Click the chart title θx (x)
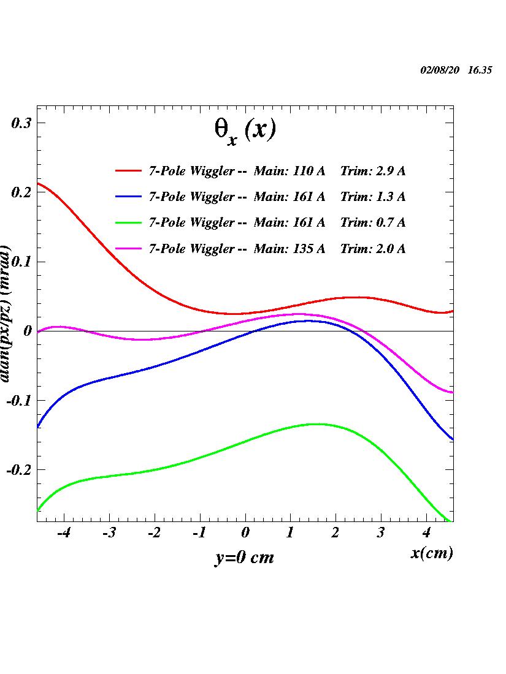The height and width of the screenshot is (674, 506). pyautogui.click(x=244, y=131)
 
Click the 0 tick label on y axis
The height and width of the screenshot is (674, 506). pyautogui.click(x=26, y=331)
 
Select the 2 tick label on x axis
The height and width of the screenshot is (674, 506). pyautogui.click(x=335, y=533)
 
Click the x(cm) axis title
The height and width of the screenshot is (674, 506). pyautogui.click(x=432, y=553)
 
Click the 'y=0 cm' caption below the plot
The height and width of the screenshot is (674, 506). pyautogui.click(x=244, y=558)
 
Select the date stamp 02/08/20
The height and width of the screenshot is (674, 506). pyautogui.click(x=440, y=70)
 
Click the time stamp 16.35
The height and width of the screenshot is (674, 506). pyautogui.click(x=480, y=70)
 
